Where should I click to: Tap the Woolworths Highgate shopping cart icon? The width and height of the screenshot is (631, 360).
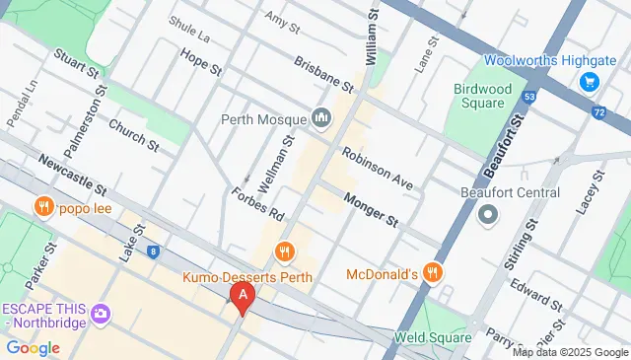pos(590,81)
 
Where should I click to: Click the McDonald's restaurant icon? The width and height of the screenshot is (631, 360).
pos(432,272)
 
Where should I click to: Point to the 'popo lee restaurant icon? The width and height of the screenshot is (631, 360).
pos(42,207)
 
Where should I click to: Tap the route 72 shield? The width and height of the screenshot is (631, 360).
pos(599,112)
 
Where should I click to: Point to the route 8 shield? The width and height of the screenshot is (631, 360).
pos(155,252)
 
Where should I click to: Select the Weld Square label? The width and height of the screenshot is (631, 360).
pos(431,337)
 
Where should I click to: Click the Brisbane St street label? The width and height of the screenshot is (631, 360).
pos(322,70)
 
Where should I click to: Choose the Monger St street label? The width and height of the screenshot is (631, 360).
pos(370,210)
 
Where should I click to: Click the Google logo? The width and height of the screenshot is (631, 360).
pos(32,347)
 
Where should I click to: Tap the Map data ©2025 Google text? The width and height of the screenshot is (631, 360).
pos(570,352)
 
